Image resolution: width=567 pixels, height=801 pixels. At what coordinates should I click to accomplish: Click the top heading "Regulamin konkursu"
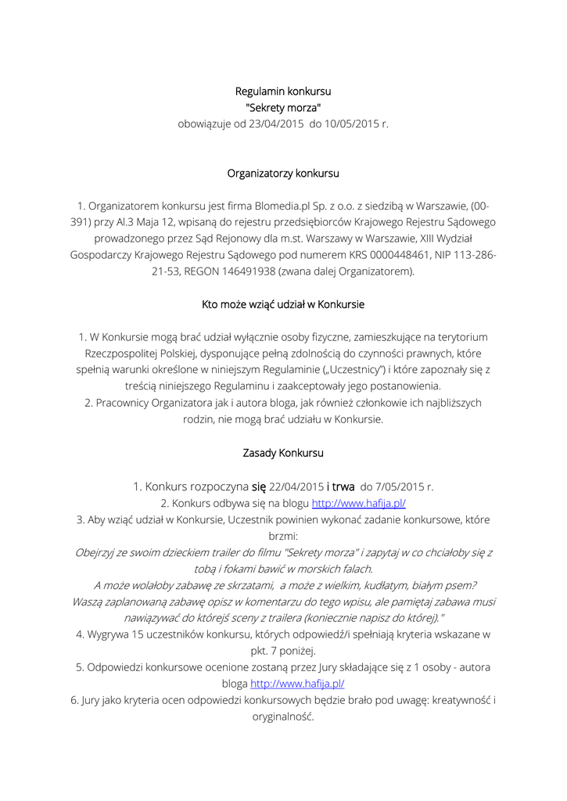pos(283,92)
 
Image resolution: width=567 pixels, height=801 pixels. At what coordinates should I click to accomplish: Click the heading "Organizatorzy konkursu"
pos(283,173)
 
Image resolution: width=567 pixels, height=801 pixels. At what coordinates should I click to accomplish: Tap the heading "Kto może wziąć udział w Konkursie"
pos(283,304)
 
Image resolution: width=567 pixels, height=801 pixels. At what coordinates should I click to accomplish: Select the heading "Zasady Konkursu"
pos(283,453)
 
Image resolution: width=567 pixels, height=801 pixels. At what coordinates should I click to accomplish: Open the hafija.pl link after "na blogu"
pos(359,503)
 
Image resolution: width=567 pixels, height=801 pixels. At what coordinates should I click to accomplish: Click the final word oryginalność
pos(283,717)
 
